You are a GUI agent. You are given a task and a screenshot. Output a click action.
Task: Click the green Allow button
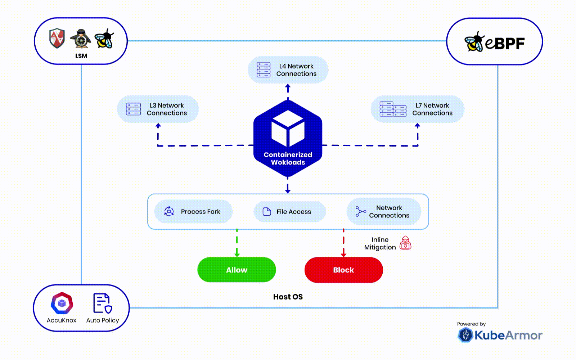[x=237, y=270]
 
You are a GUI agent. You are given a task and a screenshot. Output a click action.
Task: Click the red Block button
[x=343, y=270]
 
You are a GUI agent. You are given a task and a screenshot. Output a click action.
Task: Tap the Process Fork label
[x=201, y=212]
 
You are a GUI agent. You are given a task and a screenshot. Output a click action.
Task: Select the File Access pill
[x=289, y=212]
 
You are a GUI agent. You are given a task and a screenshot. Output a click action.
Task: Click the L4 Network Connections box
[x=288, y=70]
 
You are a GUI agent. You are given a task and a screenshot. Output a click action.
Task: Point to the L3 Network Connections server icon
[x=133, y=109]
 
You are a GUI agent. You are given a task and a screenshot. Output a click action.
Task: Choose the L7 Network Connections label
[x=432, y=109]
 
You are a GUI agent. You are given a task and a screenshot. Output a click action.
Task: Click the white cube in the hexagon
[x=288, y=128]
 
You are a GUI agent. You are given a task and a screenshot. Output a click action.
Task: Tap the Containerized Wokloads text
[x=288, y=158]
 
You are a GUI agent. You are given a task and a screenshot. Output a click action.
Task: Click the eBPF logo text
[x=505, y=43]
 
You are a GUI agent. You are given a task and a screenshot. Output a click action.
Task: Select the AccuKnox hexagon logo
[x=62, y=303]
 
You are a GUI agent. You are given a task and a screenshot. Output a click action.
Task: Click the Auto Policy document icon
[x=102, y=303]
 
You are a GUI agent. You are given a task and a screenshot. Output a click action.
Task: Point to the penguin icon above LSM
[x=81, y=39]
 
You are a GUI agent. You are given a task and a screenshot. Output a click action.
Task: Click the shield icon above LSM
[x=57, y=38]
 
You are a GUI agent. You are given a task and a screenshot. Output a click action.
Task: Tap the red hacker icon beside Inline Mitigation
[x=405, y=243]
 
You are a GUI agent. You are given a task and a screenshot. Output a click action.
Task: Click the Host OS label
[x=288, y=297]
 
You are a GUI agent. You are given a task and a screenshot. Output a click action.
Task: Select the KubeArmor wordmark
[x=508, y=336]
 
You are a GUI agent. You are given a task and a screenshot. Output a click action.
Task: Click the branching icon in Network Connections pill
[x=360, y=211]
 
